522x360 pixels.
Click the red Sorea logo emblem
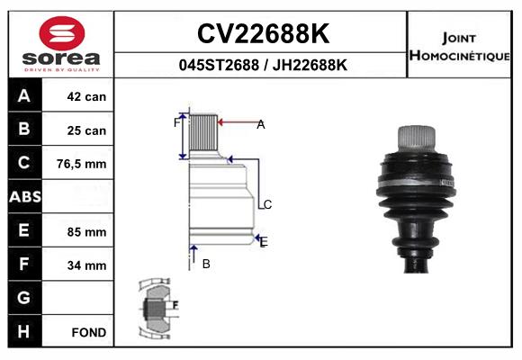[x=62, y=33]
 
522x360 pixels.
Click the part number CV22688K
[x=264, y=33]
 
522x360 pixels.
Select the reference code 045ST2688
[x=219, y=65]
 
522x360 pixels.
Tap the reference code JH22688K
[x=310, y=65]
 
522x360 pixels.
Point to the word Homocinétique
[x=459, y=56]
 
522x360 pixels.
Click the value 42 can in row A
[x=86, y=96]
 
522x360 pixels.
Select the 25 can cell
[x=86, y=130]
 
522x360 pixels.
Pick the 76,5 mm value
[x=82, y=164]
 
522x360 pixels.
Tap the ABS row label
[x=25, y=196]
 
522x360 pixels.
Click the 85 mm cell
[x=86, y=232]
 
